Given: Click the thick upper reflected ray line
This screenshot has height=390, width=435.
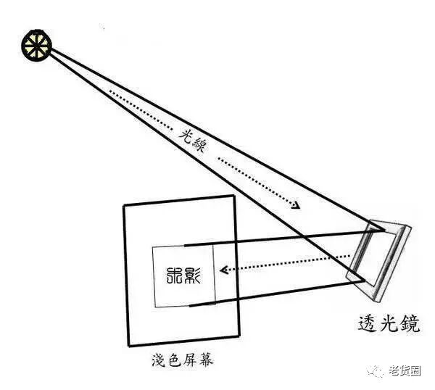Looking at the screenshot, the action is pyautogui.click(x=275, y=238).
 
